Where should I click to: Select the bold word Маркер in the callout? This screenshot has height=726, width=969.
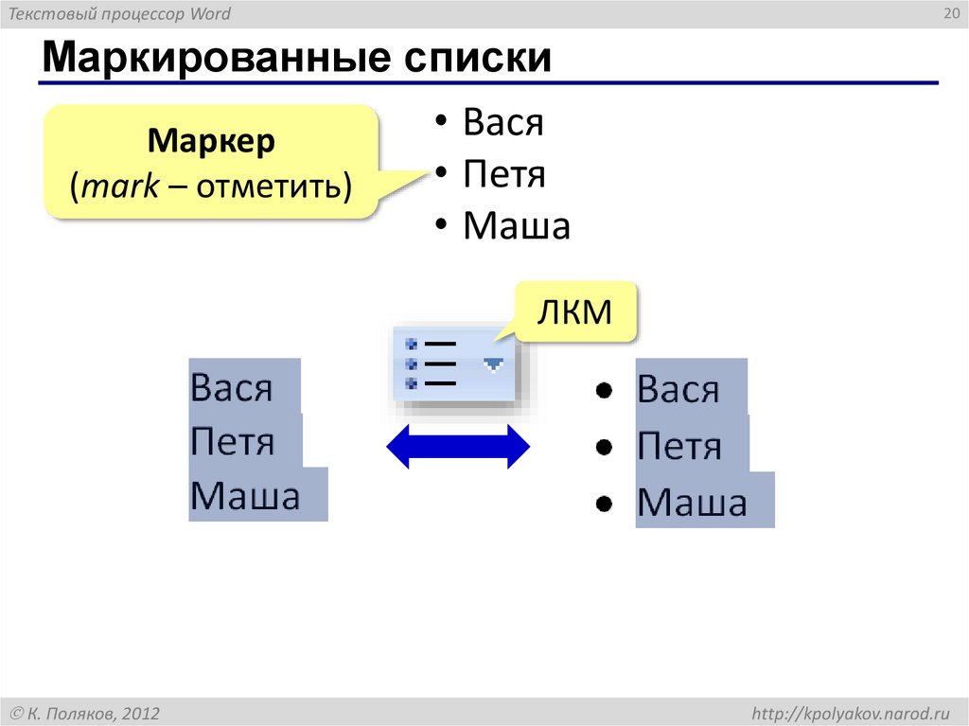211,143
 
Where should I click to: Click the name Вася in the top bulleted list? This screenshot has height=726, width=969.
503,123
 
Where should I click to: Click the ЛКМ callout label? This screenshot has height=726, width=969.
574,311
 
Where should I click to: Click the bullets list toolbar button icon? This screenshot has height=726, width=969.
431,363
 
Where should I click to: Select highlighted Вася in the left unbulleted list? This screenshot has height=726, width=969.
232,387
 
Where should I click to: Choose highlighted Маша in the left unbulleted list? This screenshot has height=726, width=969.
245,495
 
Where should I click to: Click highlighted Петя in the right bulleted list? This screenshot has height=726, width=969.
679,446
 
